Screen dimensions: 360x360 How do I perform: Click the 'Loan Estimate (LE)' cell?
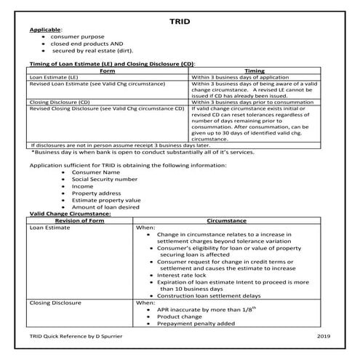52,76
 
